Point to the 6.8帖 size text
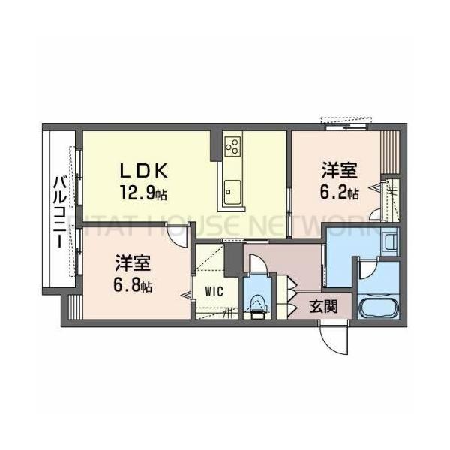tap(134, 286)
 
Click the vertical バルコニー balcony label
tap(58, 210)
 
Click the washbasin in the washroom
tap(389, 241)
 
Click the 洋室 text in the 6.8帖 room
tap(134, 264)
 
